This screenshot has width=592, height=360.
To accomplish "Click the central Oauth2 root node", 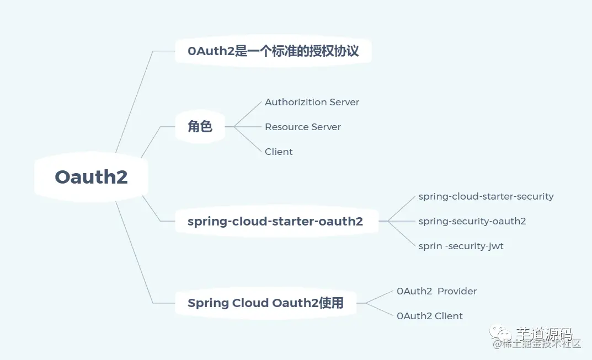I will click(x=91, y=177).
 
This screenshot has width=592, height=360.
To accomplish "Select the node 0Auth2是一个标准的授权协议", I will click(x=273, y=51).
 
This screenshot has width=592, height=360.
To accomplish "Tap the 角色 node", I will click(x=200, y=127).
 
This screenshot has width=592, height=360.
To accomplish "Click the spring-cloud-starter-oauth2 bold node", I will click(x=275, y=222).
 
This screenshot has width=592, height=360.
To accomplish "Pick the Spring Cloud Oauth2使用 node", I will click(x=265, y=303).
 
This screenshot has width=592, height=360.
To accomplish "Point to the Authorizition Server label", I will click(x=312, y=102).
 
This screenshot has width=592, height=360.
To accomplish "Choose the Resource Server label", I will click(x=302, y=127).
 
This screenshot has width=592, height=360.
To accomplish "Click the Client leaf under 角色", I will click(x=279, y=152).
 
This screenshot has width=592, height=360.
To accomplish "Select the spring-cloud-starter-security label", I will click(x=486, y=196).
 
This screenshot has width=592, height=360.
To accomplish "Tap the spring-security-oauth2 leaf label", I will click(x=472, y=221).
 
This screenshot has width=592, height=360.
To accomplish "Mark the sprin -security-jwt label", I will click(x=461, y=246).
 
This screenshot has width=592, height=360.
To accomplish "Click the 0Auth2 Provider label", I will click(x=436, y=291).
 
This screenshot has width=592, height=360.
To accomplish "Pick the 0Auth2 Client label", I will click(x=429, y=316).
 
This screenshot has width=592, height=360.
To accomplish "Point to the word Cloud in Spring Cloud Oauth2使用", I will click(x=251, y=303).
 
